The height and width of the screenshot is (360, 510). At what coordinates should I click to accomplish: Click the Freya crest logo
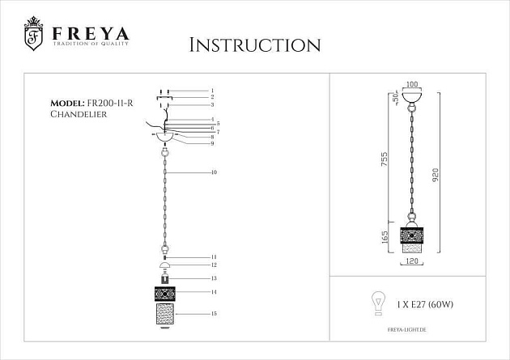pyautogui.click(x=33, y=33)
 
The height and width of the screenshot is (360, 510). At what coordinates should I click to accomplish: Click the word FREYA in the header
pyautogui.click(x=90, y=33)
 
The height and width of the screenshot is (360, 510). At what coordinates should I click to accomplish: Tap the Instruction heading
pyautogui.click(x=254, y=44)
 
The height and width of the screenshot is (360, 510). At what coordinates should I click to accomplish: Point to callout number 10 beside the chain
pyautogui.click(x=214, y=172)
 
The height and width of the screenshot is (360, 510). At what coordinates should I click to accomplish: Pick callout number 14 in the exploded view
pyautogui.click(x=214, y=291)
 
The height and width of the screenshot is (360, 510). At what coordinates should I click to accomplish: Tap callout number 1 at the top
pyautogui.click(x=212, y=91)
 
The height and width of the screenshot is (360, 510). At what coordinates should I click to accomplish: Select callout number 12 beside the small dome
pyautogui.click(x=214, y=265)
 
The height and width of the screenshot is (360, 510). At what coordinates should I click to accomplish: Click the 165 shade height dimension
pyautogui.click(x=385, y=237)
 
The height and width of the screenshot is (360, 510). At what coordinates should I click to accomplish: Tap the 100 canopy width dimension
pyautogui.click(x=412, y=85)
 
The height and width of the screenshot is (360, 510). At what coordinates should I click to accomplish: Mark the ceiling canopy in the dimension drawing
pyautogui.click(x=412, y=100)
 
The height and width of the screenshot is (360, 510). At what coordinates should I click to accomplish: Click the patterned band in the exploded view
pyautogui.click(x=164, y=293)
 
